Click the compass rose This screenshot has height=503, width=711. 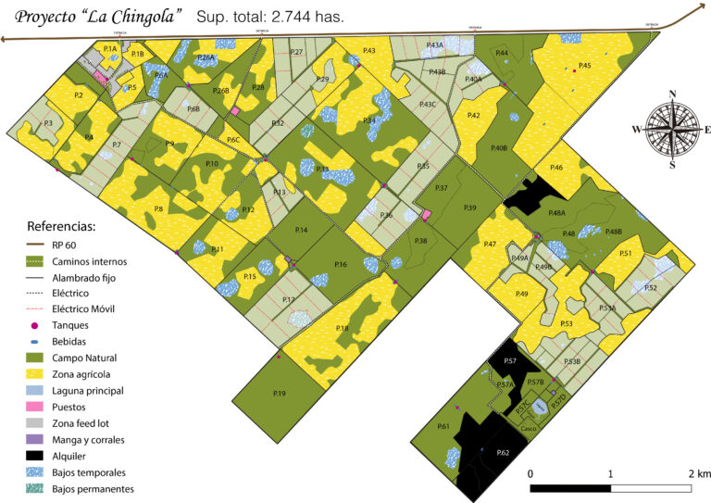point(672,129)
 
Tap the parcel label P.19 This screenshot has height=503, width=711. point(280,394)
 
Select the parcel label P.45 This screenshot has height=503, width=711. point(584,66)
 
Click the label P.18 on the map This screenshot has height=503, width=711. point(342,329)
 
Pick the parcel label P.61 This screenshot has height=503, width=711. point(443,426)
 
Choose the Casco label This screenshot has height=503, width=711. point(527,428)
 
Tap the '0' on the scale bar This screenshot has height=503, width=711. point(530,473)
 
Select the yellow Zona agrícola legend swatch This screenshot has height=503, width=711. point(41,374)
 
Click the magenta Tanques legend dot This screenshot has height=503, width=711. point(35,325)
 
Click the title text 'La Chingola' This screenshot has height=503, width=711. point(127,16)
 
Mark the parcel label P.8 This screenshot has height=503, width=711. point(158,209)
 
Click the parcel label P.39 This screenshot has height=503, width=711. point(469,208)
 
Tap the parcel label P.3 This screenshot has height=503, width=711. point(47,123)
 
